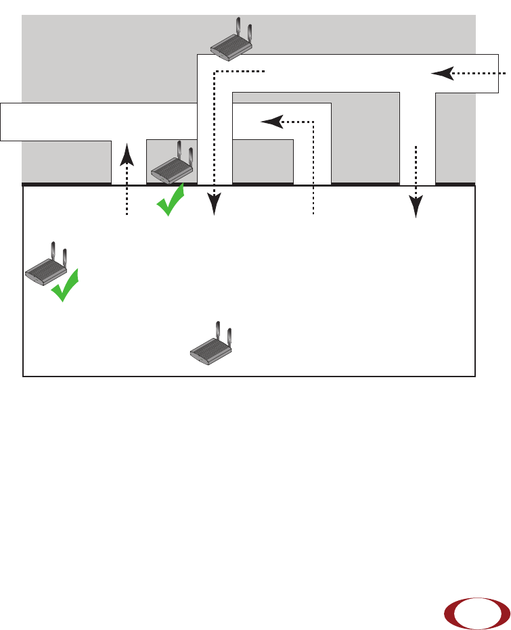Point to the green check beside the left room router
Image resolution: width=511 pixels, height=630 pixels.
coord(65,287)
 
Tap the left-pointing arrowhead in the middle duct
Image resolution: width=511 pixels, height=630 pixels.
coord(272,122)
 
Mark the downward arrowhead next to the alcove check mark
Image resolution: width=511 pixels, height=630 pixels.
coord(215,203)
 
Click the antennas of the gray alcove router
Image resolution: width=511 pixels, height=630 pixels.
coord(185,153)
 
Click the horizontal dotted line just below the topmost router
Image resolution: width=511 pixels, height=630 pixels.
coord(240,70)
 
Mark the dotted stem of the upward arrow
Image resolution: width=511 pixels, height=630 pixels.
coord(127,193)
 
